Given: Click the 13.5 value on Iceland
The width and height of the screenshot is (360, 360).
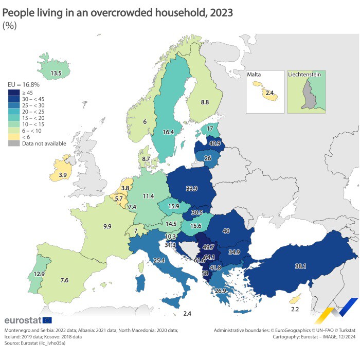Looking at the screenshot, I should (56, 74).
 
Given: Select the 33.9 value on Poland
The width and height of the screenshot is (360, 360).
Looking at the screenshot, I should (191, 189).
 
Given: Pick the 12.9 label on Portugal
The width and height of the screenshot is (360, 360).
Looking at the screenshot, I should (24, 274).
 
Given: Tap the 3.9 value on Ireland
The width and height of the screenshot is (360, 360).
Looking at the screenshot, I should (62, 175).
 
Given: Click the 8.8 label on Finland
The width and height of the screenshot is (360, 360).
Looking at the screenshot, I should (205, 103).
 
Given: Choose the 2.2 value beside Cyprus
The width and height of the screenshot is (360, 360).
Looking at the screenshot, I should (295, 309).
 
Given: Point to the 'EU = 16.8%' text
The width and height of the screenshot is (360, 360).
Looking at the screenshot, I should (23, 84).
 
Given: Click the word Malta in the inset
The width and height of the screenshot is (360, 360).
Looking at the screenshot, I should (254, 75).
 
